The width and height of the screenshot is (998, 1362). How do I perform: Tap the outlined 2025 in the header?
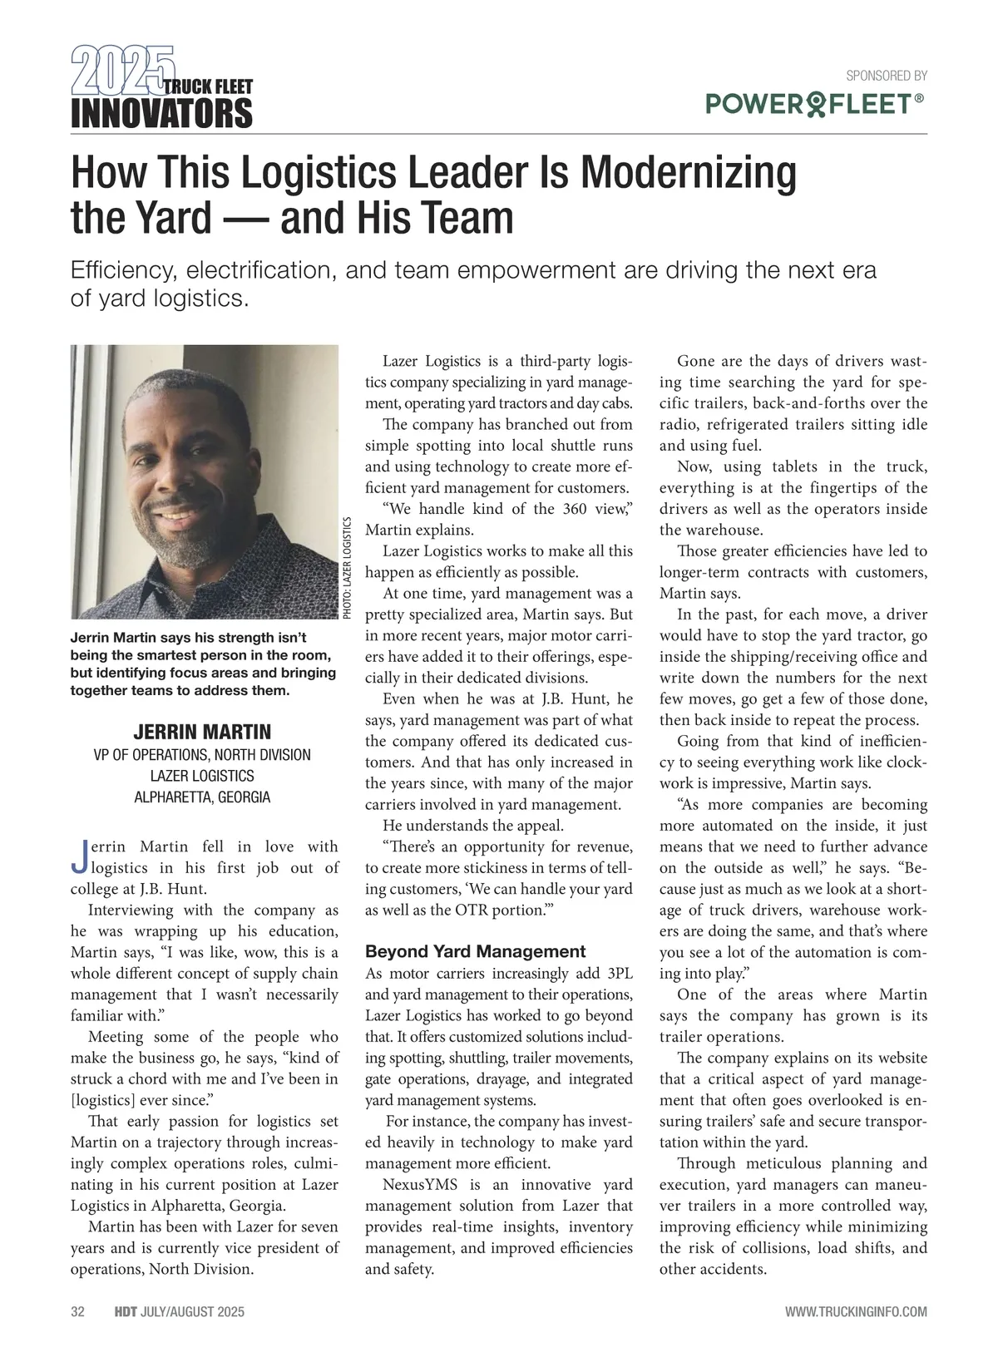coord(122,69)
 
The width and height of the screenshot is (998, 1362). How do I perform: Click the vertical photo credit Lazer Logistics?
coord(348,568)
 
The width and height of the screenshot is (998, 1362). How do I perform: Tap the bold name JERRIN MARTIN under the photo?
coord(202,732)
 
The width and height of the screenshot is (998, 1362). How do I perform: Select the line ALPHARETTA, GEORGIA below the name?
coord(202,797)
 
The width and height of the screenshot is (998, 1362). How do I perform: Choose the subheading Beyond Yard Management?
coord(475,951)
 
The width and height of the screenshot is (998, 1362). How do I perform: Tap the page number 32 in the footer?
coord(78,1312)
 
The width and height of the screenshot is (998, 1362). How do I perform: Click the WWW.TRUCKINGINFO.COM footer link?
coord(856,1312)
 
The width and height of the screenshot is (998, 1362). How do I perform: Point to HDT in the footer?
coord(125,1312)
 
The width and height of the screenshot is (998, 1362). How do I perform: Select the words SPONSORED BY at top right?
coord(886,76)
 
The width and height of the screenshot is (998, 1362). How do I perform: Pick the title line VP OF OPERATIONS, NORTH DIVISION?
coord(202,755)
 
